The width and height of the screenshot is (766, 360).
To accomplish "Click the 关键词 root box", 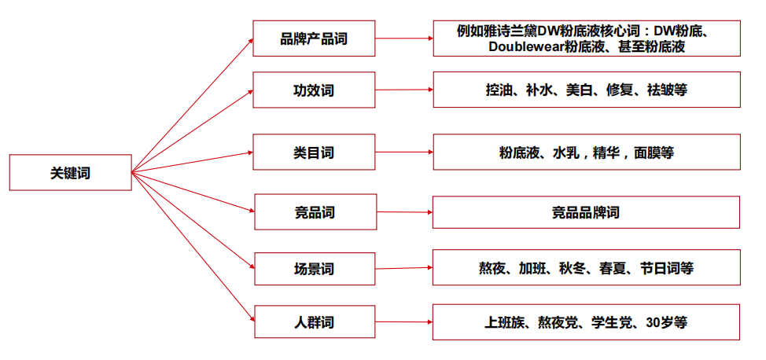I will coord(70,172).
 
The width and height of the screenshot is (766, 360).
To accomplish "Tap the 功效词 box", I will coord(314,90).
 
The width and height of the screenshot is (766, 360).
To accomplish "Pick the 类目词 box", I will coord(314,152).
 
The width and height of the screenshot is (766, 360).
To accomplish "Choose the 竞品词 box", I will coord(314,212).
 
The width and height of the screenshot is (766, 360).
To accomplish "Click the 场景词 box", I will coord(314,268).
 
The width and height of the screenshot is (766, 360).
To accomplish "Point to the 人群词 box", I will coord(314,322).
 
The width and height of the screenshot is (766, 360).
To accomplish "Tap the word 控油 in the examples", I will coord(499,90).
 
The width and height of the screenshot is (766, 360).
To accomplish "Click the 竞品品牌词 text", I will coord(586,212).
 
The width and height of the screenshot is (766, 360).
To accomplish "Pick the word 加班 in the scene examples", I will coord(536,268).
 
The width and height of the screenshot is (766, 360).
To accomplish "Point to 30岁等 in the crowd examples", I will coord(666,322).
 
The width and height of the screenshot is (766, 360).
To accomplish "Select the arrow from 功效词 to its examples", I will coord(404,90).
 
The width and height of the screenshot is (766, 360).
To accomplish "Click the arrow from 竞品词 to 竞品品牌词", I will coord(404,212).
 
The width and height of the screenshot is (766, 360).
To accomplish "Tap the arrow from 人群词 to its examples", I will coord(404,322).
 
